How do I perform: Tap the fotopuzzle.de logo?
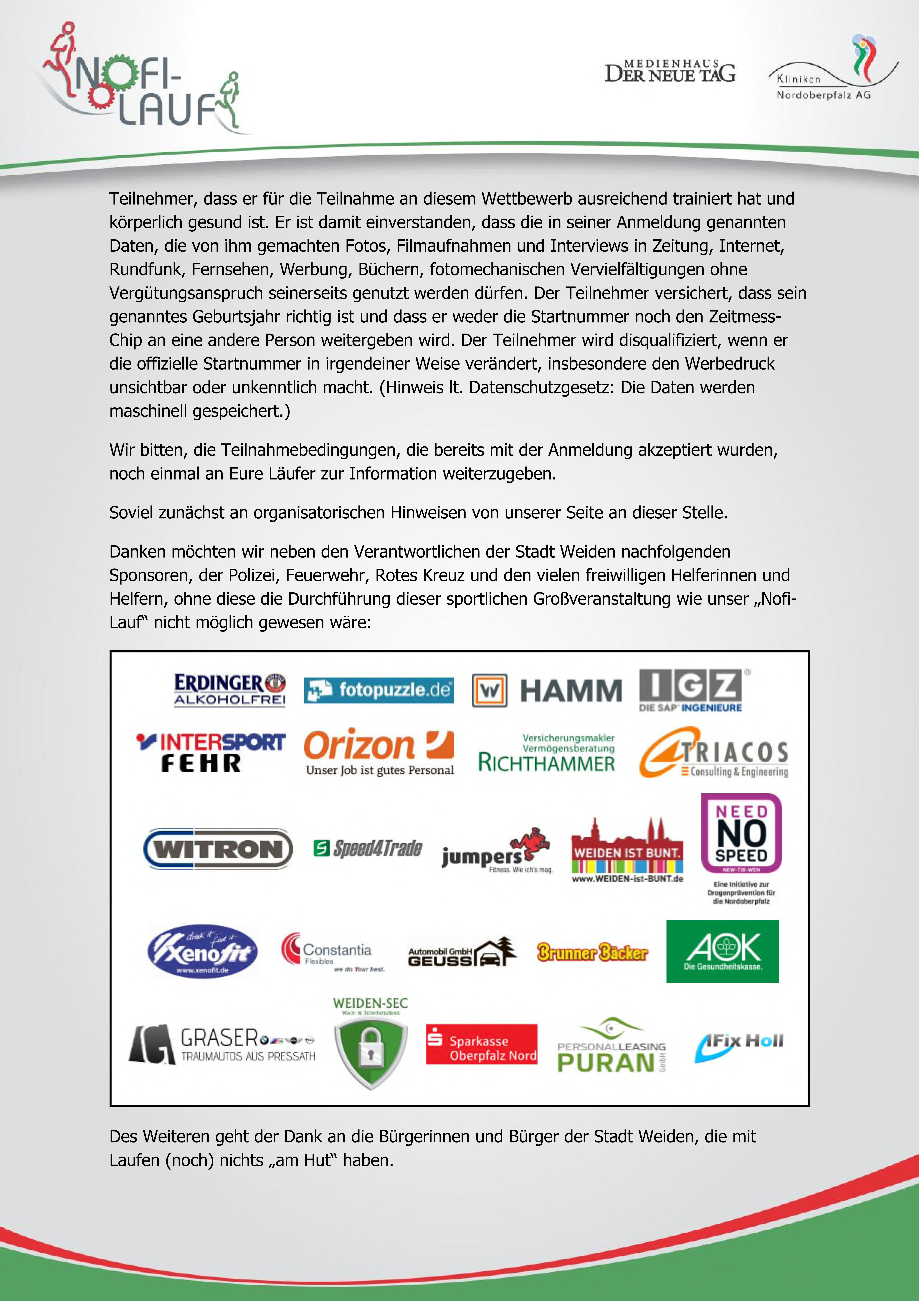coord(378,690)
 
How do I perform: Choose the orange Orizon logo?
coord(378,751)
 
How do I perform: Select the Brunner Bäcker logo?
coord(592,952)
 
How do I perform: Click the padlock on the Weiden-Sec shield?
coord(371,1048)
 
